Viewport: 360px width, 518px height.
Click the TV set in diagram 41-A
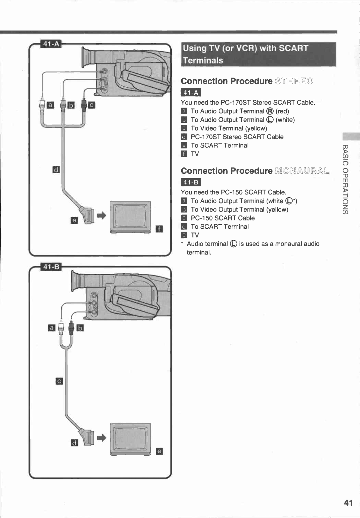(x=130, y=217)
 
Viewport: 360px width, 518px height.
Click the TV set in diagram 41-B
(x=130, y=439)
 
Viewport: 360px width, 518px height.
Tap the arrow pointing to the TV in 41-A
(x=102, y=215)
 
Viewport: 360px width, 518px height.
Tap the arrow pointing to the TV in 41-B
(x=102, y=437)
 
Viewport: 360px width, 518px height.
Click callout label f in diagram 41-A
(x=159, y=229)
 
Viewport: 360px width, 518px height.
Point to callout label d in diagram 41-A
(x=56, y=170)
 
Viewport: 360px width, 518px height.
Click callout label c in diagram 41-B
(x=59, y=381)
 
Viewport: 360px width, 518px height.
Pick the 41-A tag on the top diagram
(x=51, y=44)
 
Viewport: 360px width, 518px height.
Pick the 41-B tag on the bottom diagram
(x=51, y=267)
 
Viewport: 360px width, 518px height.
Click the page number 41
(x=348, y=503)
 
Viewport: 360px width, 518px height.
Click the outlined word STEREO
(x=294, y=81)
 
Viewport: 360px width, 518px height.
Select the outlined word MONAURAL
(x=302, y=171)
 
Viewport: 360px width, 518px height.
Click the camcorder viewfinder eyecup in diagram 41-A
(x=86, y=57)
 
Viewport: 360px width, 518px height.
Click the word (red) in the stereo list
(x=282, y=111)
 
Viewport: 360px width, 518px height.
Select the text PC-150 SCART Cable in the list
(x=223, y=218)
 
